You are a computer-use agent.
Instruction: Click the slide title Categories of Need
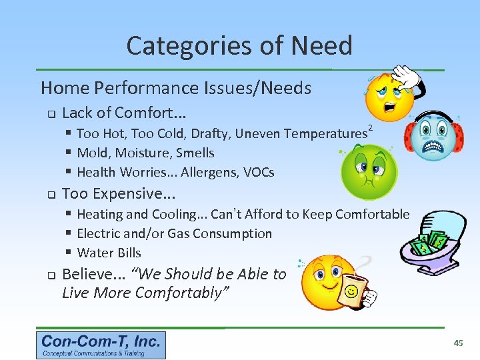tap(239, 46)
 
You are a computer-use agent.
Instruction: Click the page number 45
tap(458, 343)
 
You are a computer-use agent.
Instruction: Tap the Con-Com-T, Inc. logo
tap(101, 345)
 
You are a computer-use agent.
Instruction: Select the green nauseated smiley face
tap(368, 172)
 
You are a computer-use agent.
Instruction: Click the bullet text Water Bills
tap(109, 253)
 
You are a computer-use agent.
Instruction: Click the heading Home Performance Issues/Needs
tap(176, 88)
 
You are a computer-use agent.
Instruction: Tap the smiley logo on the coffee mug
tap(349, 291)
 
